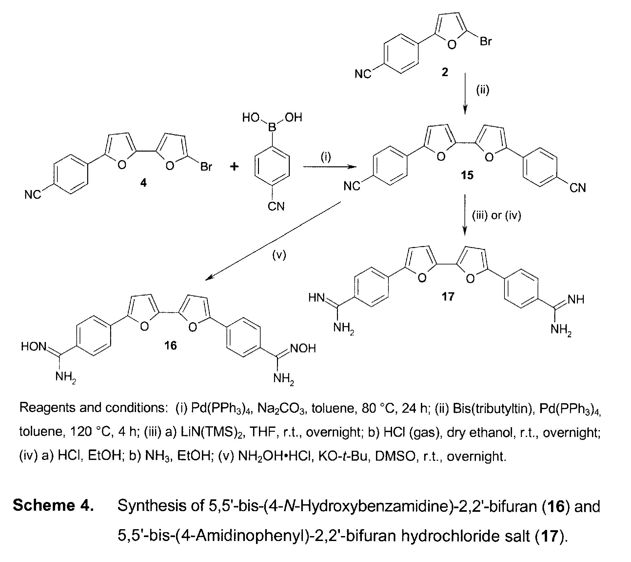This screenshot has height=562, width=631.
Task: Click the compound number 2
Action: pos(445,72)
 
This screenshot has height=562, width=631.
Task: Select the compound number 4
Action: pos(143,182)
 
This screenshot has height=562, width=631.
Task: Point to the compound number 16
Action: pos(171,345)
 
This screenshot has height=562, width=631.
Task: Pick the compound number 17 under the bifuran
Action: pos(448,296)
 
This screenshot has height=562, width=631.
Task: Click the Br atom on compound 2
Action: pos(485,42)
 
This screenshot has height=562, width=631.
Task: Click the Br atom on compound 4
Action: pos(206,167)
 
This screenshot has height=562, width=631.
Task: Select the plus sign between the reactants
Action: pos(234,167)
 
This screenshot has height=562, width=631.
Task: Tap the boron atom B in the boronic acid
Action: pos(272,127)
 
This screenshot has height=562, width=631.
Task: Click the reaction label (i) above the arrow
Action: pos(326,157)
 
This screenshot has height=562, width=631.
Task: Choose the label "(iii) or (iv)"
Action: pos(496,215)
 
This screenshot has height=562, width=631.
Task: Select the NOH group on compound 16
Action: pos(303,348)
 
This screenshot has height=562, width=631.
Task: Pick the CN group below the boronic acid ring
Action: pos(276,206)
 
